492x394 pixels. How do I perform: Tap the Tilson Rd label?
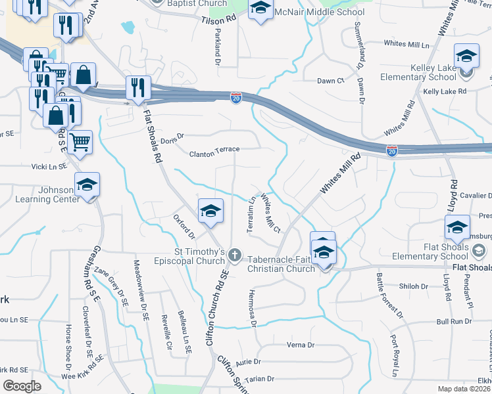pyautogui.click(x=219, y=21)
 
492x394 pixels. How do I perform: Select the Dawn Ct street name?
pyautogui.click(x=331, y=81)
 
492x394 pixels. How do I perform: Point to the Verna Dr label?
pyautogui.click(x=301, y=345)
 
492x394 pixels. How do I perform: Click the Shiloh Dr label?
pyautogui.click(x=414, y=286)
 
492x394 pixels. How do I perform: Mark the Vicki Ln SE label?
pyautogui.click(x=49, y=167)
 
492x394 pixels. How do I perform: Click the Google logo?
pyautogui.click(x=22, y=385)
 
